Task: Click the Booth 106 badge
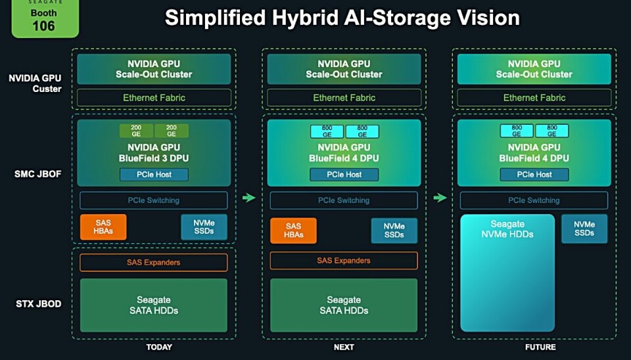tap(45, 19)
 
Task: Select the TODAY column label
tap(158, 347)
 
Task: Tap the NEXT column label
tap(344, 347)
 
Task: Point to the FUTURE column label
tap(540, 347)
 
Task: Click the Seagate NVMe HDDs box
tap(507, 272)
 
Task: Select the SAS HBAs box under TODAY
tap(103, 227)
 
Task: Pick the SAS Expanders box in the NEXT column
tap(344, 261)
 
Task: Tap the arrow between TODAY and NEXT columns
tap(249, 198)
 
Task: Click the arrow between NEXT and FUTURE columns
tap(440, 198)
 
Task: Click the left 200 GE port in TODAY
tap(136, 131)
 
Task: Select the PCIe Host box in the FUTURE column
tap(534, 174)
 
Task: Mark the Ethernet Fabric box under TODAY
tap(154, 98)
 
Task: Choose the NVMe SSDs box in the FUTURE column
tap(584, 228)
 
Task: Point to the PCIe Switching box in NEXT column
tap(344, 200)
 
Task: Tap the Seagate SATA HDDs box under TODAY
tap(154, 305)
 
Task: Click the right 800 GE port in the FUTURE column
tap(552, 131)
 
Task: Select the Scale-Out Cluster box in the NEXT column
tap(344, 69)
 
